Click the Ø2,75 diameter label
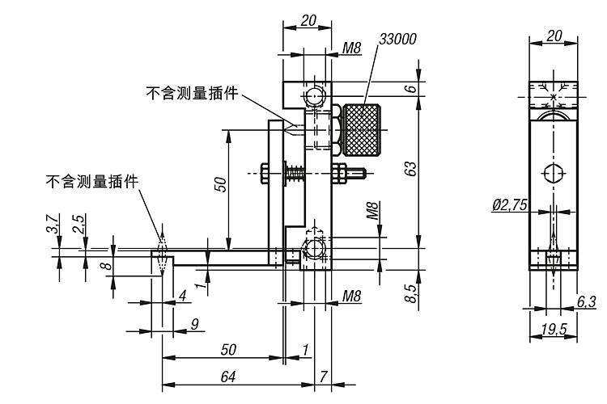(510, 206)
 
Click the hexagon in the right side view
(554, 174)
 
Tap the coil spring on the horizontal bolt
(296, 173)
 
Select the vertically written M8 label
(373, 212)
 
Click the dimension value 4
(182, 296)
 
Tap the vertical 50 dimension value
(220, 184)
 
